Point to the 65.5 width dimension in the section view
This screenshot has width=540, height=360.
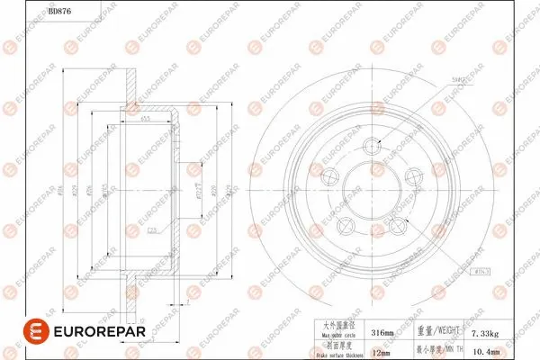[145, 120]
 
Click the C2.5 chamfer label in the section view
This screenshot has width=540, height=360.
[153, 229]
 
